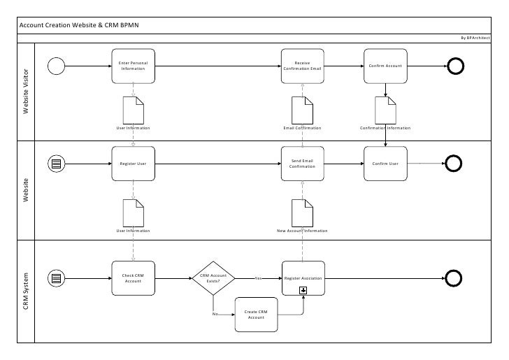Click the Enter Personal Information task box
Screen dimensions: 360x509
133,66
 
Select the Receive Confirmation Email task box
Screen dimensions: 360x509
302,66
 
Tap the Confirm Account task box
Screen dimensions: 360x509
385,66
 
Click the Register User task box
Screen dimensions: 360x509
133,164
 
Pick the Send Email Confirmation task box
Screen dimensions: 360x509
302,164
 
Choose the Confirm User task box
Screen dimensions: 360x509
385,164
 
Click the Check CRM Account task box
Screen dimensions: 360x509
133,278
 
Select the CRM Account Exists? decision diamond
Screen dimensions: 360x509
213,278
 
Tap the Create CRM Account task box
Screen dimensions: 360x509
256,315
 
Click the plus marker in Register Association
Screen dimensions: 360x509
303,289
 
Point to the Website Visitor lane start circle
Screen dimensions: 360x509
57,66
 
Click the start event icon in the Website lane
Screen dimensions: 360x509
57,164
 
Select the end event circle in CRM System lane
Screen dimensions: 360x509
453,278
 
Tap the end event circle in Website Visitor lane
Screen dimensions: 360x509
453,66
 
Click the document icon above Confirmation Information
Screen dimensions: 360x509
385,109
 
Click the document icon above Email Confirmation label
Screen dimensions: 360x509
302,109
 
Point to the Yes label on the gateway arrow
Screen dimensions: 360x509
257,278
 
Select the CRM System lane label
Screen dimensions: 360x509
27,291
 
